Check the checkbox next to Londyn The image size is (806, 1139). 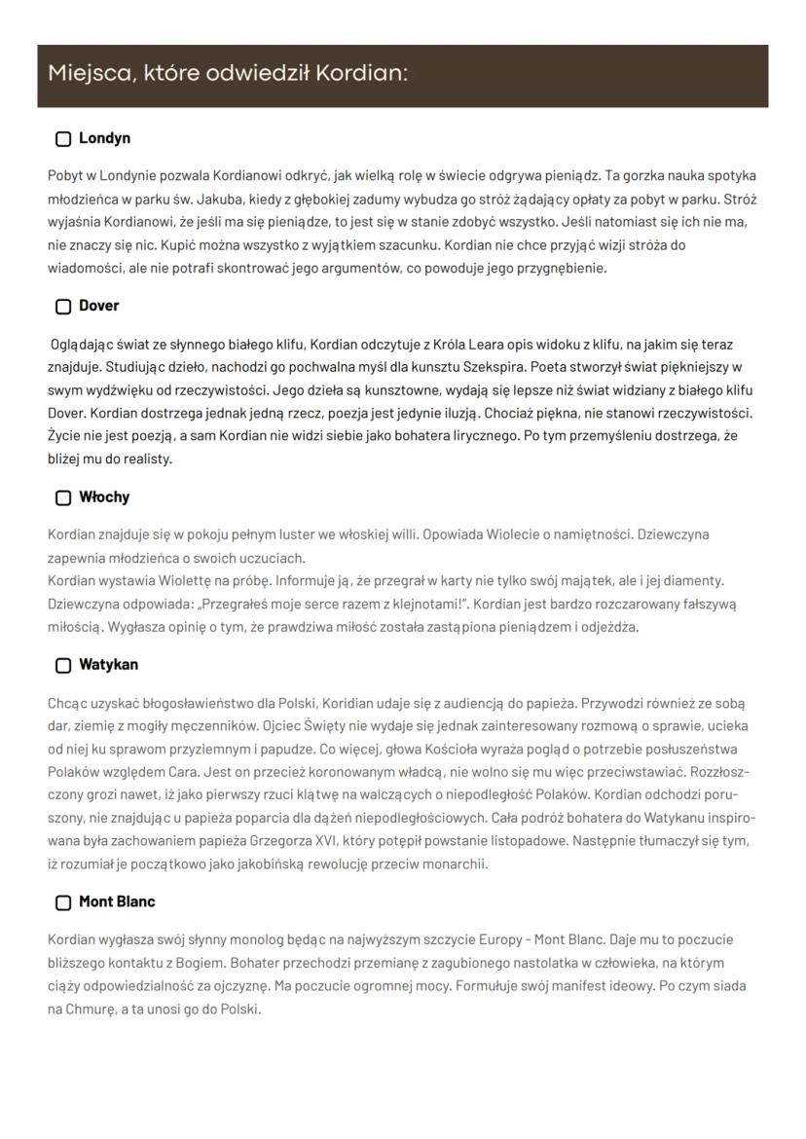63,139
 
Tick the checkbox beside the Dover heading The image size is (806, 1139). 63,307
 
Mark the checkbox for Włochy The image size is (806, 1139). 63,497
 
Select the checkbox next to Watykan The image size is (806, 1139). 63,666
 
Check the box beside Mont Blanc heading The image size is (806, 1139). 63,902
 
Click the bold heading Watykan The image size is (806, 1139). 108,665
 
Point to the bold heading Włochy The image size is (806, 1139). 104,497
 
